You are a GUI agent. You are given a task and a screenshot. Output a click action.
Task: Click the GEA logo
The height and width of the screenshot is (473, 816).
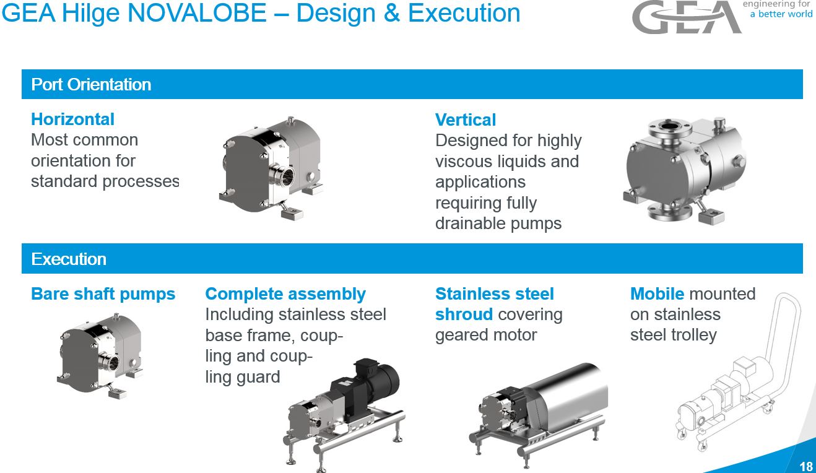[687, 17]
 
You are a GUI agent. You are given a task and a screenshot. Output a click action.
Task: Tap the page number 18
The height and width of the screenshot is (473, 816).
[806, 466]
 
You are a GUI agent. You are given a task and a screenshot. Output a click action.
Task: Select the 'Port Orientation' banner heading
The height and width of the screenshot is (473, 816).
[91, 85]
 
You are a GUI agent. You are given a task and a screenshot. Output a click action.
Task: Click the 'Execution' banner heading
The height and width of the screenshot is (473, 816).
[69, 259]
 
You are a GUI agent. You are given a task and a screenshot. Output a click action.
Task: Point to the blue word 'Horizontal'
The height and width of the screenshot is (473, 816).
[73, 119]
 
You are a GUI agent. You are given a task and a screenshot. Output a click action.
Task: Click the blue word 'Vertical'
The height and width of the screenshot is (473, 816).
[466, 119]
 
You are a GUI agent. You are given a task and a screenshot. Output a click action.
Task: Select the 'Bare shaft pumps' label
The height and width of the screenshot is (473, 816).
[103, 293]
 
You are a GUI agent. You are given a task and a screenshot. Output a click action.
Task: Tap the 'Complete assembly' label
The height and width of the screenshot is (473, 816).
[285, 293]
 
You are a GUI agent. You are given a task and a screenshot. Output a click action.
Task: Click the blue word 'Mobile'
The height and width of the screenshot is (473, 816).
[657, 293]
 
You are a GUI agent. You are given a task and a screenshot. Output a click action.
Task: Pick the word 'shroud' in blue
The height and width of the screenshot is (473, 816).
[464, 314]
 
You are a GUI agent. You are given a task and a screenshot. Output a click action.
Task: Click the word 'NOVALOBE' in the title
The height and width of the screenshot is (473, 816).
[197, 13]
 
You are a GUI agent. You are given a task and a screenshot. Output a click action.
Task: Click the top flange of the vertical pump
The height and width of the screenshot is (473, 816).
[669, 127]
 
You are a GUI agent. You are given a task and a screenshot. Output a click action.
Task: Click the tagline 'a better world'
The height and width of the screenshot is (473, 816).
[781, 14]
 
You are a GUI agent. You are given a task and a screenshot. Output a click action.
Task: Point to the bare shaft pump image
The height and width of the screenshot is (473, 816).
[100, 355]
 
